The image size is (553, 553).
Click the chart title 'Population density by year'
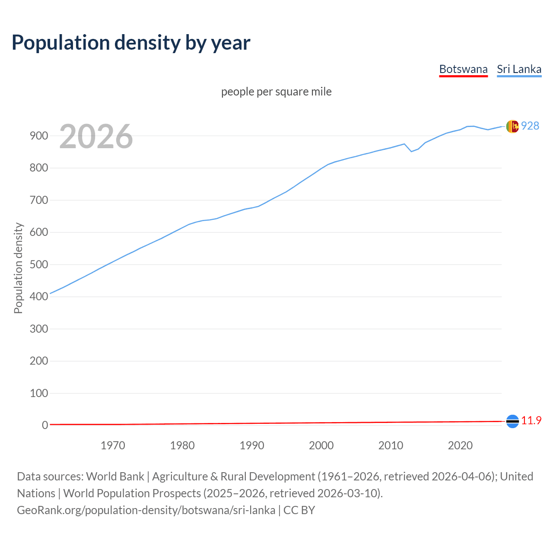point(131,42)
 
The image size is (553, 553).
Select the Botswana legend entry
point(463,69)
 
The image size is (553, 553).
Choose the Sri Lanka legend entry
point(519,69)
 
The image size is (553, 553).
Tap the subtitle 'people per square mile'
point(276,92)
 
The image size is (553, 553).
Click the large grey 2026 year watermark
point(96,137)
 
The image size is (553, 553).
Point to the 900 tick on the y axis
point(38,136)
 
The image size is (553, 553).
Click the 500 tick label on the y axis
point(38,264)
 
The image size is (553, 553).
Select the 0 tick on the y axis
point(45,425)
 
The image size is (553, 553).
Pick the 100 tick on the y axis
point(38,393)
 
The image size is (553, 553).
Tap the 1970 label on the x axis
point(113,445)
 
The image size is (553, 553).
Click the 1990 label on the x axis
point(252,445)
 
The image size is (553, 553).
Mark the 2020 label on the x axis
point(460,445)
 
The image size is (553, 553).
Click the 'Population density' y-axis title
point(18,268)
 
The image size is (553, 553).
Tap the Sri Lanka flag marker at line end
point(512,126)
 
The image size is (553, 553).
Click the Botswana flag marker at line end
point(512,421)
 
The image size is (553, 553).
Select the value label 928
point(530,126)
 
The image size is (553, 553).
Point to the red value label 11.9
point(531,420)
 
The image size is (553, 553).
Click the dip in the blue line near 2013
point(411,151)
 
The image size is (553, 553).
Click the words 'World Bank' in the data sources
point(115,476)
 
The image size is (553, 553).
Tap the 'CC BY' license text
point(299,510)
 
